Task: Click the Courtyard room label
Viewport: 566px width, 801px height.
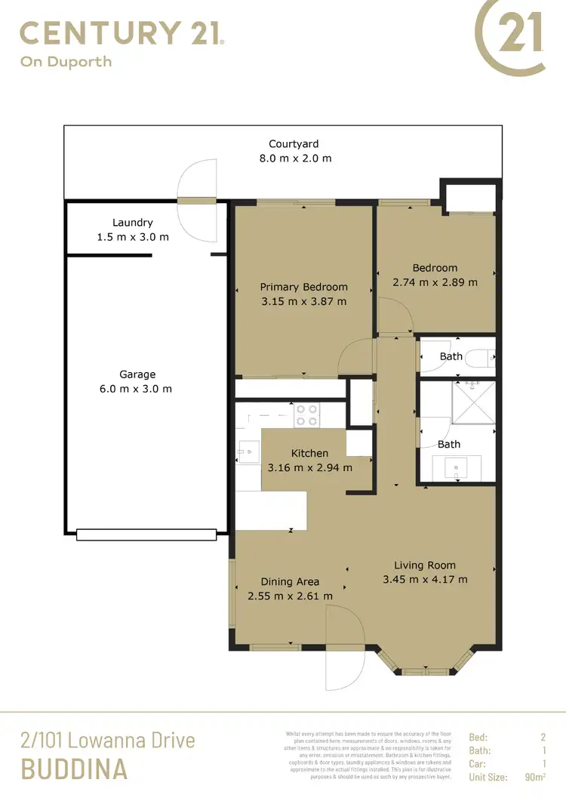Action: click(x=294, y=143)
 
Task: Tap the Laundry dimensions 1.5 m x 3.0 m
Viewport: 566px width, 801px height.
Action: click(x=133, y=237)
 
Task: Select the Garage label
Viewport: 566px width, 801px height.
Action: click(x=137, y=374)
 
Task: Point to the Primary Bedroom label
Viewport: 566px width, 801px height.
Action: click(x=303, y=287)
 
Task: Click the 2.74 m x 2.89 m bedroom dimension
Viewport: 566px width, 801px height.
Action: click(x=435, y=282)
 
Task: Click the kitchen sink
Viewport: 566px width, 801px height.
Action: click(x=246, y=452)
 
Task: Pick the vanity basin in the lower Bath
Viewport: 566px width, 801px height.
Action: click(x=457, y=468)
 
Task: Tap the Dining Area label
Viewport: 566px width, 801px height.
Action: click(x=290, y=582)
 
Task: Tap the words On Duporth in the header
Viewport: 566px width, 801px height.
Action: click(x=66, y=62)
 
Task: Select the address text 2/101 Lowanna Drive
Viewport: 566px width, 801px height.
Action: click(x=107, y=740)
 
